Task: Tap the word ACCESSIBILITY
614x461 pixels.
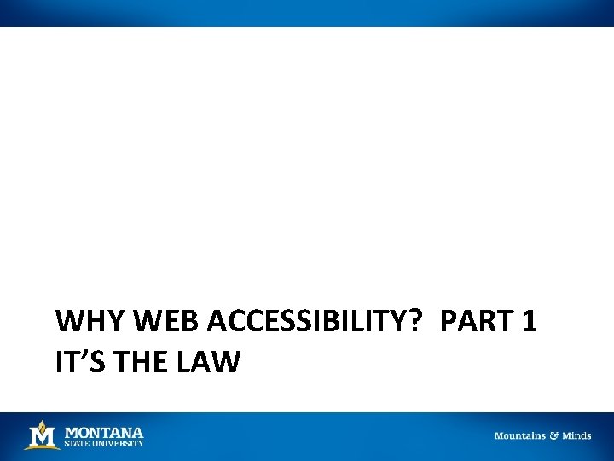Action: click(x=312, y=322)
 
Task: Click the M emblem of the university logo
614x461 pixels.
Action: click(x=43, y=435)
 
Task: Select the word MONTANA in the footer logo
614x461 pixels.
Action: click(x=104, y=432)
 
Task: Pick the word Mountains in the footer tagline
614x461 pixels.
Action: click(x=520, y=435)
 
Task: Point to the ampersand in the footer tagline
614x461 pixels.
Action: click(x=553, y=435)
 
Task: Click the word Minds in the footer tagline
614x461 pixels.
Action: click(x=576, y=435)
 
